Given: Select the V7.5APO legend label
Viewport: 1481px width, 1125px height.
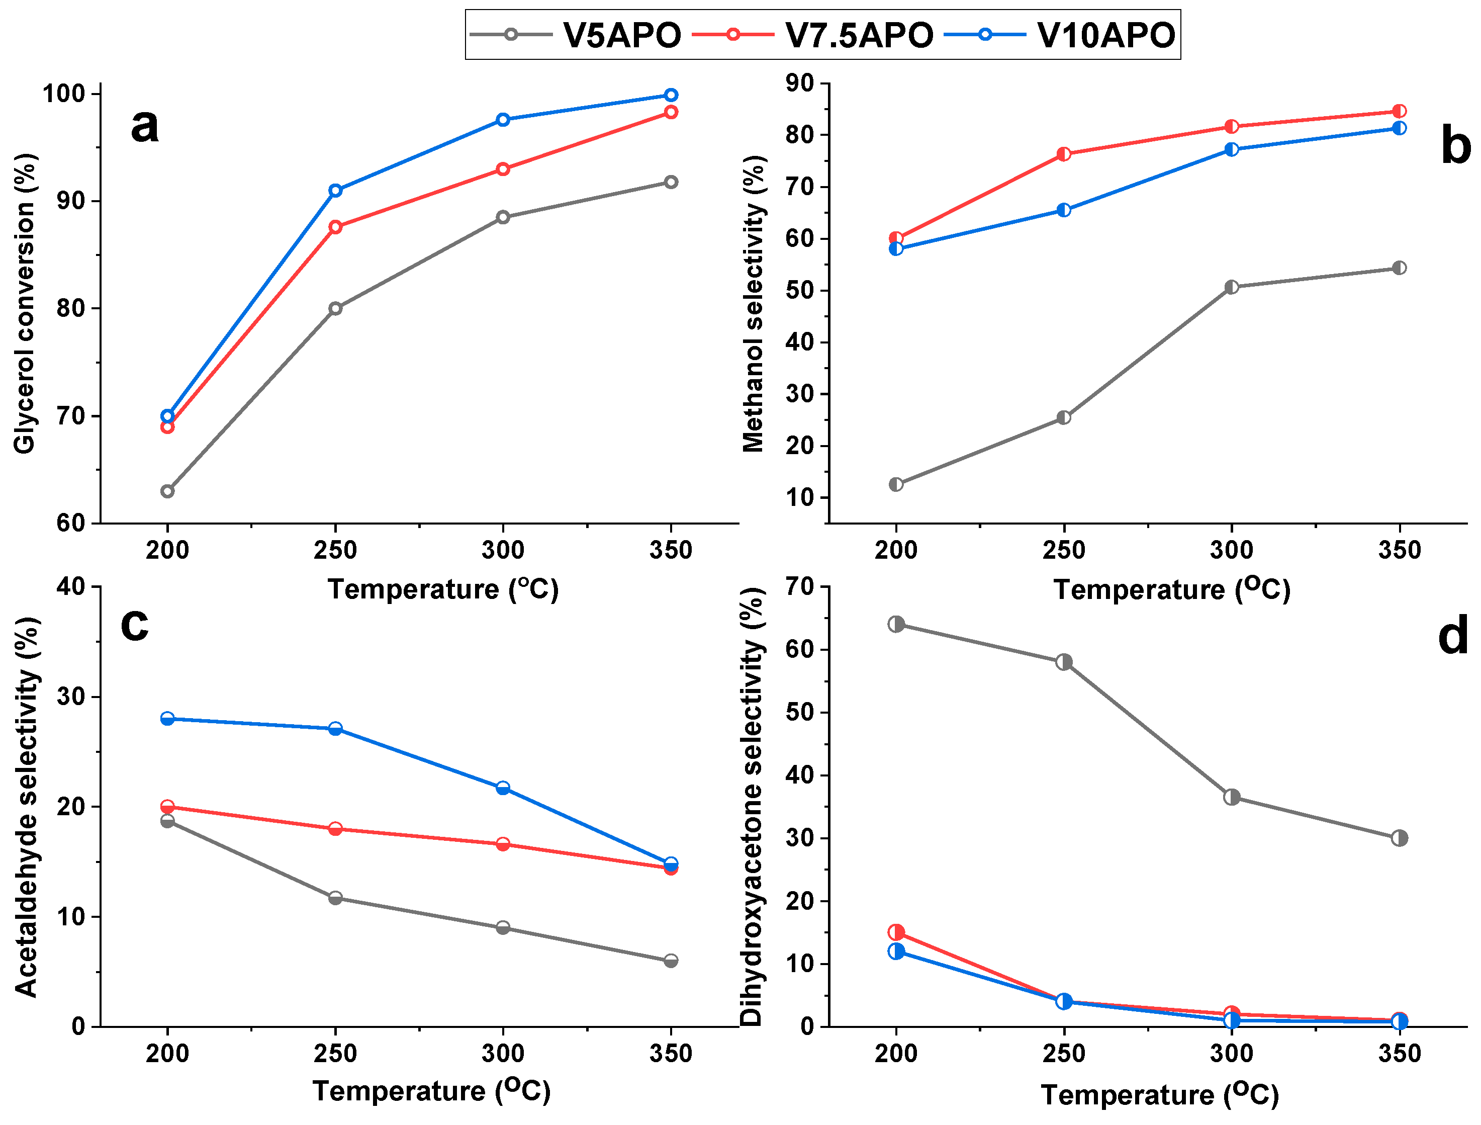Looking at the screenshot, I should [x=859, y=35].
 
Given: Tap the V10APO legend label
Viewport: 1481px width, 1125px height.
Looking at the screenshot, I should [x=1106, y=35].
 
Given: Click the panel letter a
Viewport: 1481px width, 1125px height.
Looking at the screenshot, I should [x=145, y=125].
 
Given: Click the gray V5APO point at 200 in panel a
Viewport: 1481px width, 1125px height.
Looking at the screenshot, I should [x=167, y=491].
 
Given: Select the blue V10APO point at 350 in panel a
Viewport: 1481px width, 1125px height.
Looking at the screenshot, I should [x=671, y=95].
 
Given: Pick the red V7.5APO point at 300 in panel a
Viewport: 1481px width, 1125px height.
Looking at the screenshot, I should [x=503, y=169].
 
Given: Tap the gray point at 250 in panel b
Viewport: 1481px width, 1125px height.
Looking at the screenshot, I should [x=1064, y=418].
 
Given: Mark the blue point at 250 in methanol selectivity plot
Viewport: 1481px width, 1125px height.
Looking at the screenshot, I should [x=1064, y=210].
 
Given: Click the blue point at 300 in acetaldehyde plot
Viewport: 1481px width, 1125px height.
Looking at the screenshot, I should [x=503, y=788].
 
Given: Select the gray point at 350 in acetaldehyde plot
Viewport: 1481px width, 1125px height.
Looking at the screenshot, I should [x=671, y=961].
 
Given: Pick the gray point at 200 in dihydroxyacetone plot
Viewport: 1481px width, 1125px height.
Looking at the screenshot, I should [x=896, y=624].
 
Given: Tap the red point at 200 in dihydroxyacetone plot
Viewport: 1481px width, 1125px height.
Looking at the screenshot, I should [x=896, y=932].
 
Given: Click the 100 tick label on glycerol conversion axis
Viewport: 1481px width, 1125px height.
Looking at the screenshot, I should [x=64, y=94].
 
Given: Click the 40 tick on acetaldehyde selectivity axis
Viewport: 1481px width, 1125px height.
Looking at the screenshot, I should [x=71, y=586].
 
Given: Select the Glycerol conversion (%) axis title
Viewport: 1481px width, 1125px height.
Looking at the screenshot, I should [x=26, y=304].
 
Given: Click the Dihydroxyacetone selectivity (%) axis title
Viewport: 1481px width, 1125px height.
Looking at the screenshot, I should [x=753, y=807].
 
